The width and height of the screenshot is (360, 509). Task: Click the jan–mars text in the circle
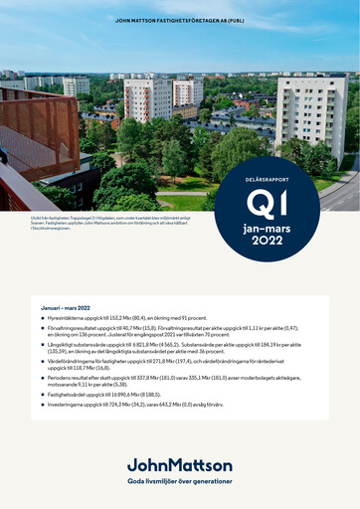(x=267, y=228)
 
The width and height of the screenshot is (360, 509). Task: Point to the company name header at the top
(x=180, y=20)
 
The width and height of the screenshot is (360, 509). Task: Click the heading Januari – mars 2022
(x=64, y=309)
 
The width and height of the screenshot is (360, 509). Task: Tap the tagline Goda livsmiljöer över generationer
(x=180, y=480)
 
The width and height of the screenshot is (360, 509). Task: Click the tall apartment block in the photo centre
(x=148, y=100)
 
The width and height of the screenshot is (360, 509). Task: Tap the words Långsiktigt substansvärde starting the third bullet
(x=78, y=345)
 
